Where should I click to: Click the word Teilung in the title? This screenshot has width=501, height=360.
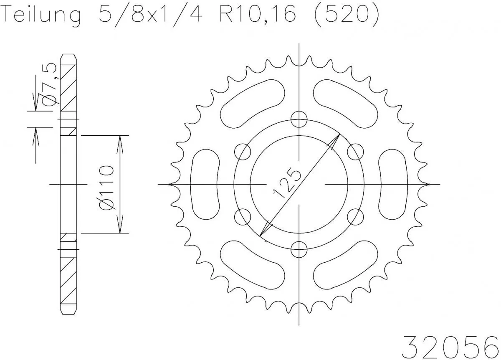(x=42, y=16)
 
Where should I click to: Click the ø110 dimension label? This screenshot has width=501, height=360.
(x=106, y=185)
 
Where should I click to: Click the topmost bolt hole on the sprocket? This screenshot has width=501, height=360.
(x=299, y=119)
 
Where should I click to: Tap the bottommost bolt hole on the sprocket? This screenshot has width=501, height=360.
(x=299, y=249)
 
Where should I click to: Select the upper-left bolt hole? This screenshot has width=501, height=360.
(x=243, y=152)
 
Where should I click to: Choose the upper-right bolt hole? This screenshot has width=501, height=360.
(x=355, y=152)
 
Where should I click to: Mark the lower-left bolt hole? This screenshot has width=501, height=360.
(x=243, y=217)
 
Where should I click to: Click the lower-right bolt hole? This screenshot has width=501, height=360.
(x=355, y=217)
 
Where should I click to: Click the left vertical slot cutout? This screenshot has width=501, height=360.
(x=205, y=184)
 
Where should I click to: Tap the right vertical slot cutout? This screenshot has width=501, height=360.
(x=393, y=184)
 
